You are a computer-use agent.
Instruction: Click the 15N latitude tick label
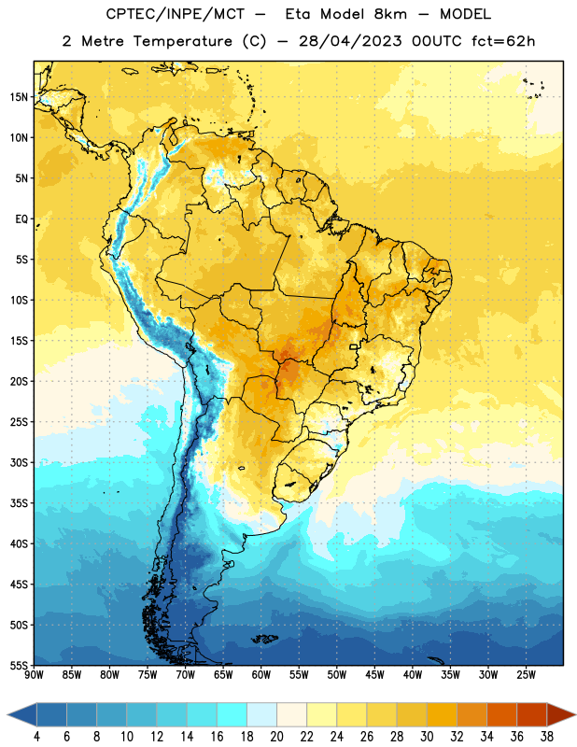pos(19,97)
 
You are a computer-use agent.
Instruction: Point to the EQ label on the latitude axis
pos(21,219)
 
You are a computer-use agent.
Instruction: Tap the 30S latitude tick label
pos(19,462)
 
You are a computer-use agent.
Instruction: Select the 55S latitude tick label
pos(19,666)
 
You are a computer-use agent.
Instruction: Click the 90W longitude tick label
pos(34,675)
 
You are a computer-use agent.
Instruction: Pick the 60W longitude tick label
pos(261,675)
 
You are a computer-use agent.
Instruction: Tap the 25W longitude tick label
pos(526,675)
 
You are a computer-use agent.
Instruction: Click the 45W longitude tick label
pos(374,675)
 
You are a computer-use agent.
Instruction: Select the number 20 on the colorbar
pos(276,737)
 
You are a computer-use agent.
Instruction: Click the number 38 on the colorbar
pos(546,737)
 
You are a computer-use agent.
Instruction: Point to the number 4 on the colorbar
pos(36,737)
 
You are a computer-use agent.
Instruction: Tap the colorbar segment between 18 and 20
pos(262,714)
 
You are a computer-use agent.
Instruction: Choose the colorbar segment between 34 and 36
pos(501,714)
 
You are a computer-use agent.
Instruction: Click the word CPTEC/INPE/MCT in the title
pos(176,14)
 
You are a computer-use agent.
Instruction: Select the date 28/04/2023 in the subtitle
pos(350,41)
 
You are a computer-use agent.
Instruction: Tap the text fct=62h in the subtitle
pos(503,41)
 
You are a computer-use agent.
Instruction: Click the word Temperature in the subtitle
pos(182,41)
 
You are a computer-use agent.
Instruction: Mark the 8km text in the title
pos(390,14)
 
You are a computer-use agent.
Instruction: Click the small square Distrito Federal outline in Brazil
pos(354,346)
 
